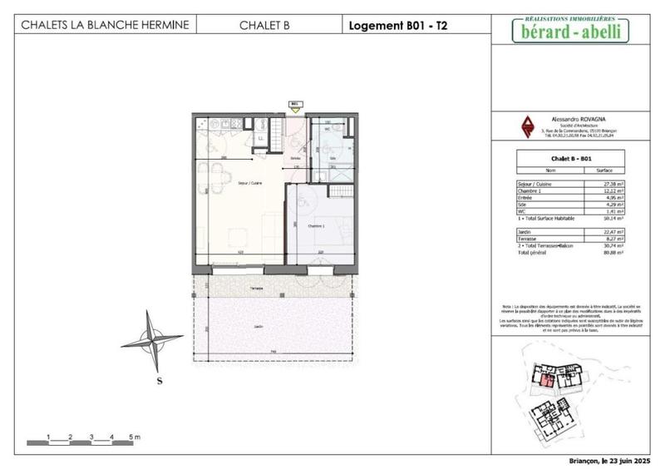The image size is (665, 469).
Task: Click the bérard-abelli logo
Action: coord(569,30)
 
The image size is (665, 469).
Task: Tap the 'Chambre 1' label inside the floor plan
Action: coord(308,225)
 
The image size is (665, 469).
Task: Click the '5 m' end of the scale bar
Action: coord(135,436)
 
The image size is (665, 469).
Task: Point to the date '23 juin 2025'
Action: coord(628,460)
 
